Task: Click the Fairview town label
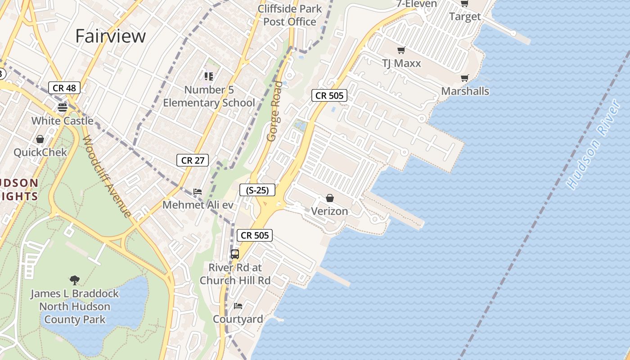point(110,36)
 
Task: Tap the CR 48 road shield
point(64,88)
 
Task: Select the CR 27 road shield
point(193,160)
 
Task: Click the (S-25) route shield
point(257,190)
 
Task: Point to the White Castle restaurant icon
point(63,107)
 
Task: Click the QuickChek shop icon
point(40,139)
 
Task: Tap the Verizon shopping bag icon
point(330,198)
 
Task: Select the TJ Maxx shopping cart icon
point(401,50)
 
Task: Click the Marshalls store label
point(465,91)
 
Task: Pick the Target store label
point(465,17)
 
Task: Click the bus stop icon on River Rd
point(234,254)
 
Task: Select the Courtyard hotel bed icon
point(238,306)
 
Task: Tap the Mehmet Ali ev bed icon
point(197,192)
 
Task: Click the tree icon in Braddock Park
point(75,280)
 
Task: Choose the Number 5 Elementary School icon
point(209,76)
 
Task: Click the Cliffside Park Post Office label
point(290,15)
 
